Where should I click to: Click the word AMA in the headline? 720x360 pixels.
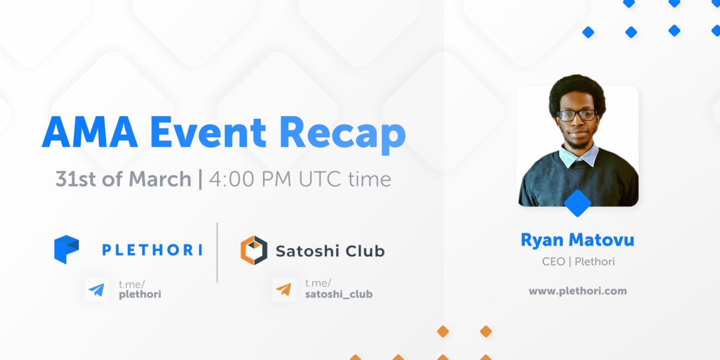[x=90, y=132]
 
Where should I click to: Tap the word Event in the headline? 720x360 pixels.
[x=208, y=132]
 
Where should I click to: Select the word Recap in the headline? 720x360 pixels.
[x=343, y=135]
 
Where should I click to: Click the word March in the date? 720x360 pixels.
[x=160, y=179]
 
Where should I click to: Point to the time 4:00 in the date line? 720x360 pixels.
[x=232, y=179]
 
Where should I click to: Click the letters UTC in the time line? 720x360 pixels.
[x=320, y=179]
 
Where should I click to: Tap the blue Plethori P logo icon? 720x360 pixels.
[x=66, y=249]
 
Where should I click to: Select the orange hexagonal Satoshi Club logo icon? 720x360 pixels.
[x=254, y=250]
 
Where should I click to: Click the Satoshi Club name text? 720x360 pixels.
[x=330, y=251]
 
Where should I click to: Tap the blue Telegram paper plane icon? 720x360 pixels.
[x=97, y=290]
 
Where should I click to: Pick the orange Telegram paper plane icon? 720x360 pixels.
[x=284, y=289]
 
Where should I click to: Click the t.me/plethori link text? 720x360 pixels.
[x=140, y=289]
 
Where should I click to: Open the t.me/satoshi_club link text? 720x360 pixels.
[x=339, y=289]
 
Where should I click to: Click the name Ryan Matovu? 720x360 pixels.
[x=577, y=240]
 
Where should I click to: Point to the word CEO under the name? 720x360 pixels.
[x=553, y=262]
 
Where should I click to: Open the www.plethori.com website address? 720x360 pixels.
[x=578, y=291]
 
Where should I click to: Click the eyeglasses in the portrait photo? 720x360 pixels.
[x=577, y=115]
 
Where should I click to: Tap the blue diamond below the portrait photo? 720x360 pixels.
[x=578, y=203]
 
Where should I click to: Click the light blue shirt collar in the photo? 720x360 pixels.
[x=578, y=156]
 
